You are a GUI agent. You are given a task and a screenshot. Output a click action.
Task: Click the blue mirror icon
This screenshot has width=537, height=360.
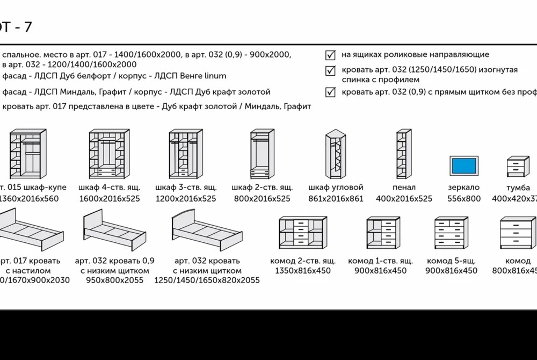464,165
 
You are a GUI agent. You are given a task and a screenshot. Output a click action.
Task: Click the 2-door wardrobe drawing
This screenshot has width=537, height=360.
262,154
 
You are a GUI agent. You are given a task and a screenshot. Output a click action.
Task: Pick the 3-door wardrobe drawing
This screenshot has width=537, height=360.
185,154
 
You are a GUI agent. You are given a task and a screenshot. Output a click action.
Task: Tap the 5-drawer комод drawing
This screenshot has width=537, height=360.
451,233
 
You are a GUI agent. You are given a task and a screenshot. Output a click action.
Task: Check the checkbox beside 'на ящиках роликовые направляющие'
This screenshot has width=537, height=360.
331,55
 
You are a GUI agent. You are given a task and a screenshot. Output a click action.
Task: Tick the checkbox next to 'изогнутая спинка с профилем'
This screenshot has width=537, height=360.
331,70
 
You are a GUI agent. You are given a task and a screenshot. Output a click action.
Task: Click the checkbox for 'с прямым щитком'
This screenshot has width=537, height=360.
331,92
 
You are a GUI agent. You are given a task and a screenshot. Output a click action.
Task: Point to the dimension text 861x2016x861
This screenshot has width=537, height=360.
336,199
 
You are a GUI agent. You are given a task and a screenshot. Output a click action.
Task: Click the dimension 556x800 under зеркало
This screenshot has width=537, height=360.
464,199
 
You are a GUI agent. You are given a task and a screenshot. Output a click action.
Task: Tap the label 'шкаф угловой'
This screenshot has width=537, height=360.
336,188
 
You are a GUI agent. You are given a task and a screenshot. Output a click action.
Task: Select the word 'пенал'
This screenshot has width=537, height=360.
404,188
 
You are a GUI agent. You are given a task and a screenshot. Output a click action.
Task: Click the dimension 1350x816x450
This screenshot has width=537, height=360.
303,271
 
